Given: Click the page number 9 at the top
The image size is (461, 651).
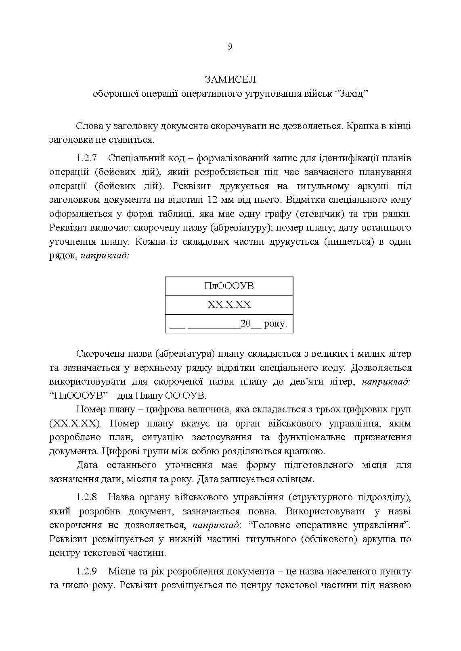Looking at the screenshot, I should pyautogui.click(x=230, y=47).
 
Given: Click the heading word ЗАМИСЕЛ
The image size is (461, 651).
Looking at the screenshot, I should pyautogui.click(x=230, y=79).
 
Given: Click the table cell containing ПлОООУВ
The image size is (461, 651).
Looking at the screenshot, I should pyautogui.click(x=229, y=286).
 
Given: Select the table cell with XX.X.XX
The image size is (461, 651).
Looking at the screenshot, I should pyautogui.click(x=229, y=305).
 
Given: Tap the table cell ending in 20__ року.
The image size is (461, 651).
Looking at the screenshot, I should pyautogui.click(x=229, y=323).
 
